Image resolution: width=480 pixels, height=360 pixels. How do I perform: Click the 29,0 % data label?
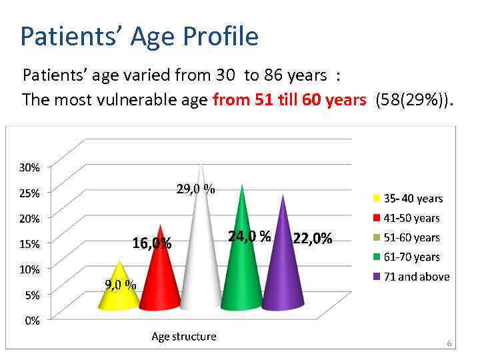point(195,189)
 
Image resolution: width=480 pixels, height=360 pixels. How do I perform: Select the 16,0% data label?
point(152,243)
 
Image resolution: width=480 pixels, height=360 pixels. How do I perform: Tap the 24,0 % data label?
point(249,236)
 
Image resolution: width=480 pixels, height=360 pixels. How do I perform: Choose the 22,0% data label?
point(312,239)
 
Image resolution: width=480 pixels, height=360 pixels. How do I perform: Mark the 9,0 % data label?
point(121,285)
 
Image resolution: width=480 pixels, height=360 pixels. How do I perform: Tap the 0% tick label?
point(32,321)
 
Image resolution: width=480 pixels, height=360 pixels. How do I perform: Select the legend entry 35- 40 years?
point(413,199)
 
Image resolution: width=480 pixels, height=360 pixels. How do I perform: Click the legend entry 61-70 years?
point(411,257)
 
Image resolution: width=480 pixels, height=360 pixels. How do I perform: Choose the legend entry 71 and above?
point(416,277)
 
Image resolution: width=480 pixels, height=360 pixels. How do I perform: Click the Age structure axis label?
point(184,337)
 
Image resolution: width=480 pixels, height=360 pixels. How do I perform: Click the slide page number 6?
point(449,344)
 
